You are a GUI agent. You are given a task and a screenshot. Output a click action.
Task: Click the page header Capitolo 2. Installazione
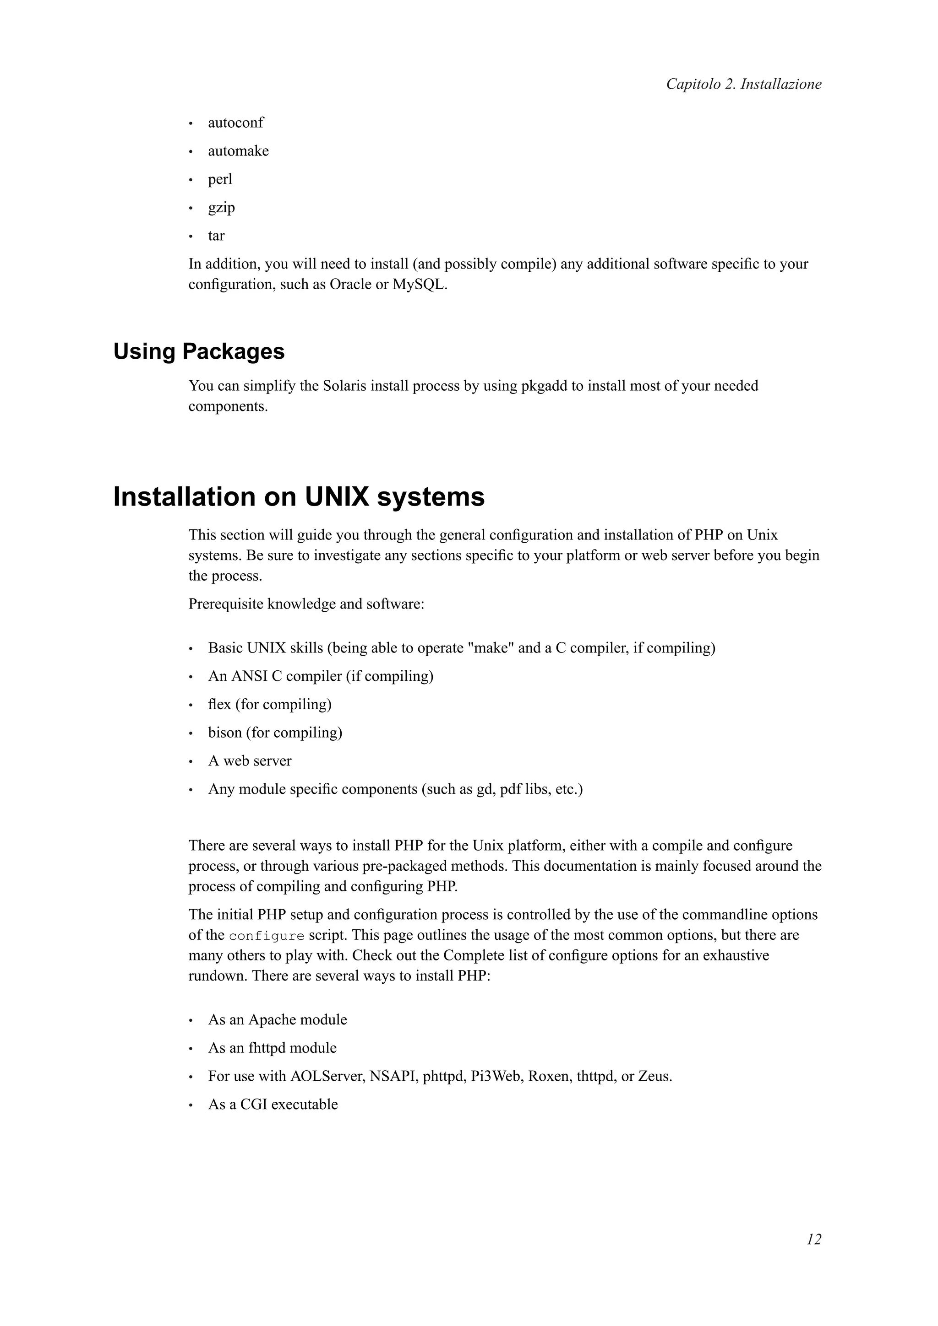tap(743, 84)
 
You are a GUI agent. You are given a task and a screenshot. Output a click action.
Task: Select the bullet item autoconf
tap(235, 123)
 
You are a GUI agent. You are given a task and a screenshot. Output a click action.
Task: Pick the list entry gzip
tap(221, 207)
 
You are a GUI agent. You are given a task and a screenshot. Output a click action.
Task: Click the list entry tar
tap(216, 236)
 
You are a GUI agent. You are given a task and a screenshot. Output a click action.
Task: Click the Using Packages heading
tap(199, 351)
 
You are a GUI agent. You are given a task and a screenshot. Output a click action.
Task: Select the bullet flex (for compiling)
tap(269, 705)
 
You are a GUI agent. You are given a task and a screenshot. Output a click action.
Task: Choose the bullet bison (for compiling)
tap(275, 733)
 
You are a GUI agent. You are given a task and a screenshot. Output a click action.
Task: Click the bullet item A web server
tap(250, 761)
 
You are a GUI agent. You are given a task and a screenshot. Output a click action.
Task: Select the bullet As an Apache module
tap(278, 1020)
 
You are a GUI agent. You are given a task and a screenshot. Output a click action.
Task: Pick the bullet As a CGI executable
tap(273, 1105)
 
